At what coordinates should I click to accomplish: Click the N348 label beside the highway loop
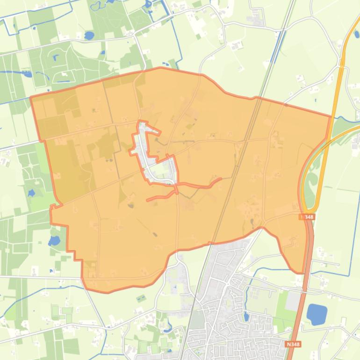[307, 217]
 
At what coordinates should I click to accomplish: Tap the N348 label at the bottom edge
[293, 344]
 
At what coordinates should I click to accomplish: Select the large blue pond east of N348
[317, 314]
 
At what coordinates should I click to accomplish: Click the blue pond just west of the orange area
[54, 241]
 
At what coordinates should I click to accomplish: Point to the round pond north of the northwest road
[89, 35]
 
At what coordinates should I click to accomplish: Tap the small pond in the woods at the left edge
[31, 192]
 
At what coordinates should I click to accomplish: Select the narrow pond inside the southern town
[246, 317]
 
